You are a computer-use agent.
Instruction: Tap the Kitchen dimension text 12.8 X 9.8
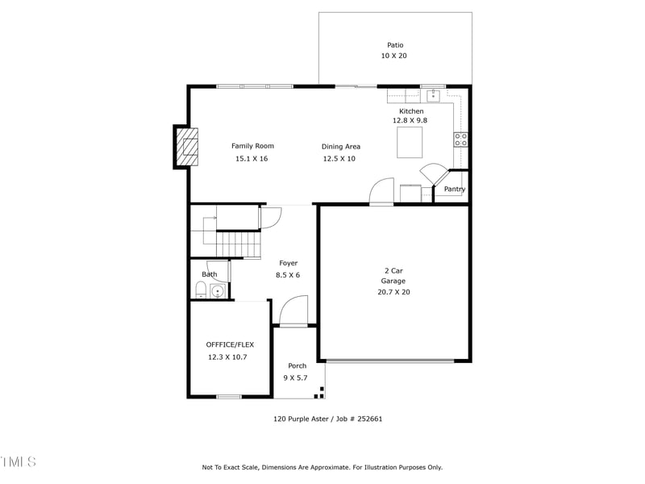point(410,120)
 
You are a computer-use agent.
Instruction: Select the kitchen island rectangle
point(409,142)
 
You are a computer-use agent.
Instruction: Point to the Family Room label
point(252,146)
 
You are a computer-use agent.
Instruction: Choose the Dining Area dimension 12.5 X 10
point(339,159)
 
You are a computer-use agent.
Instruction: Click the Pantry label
point(454,190)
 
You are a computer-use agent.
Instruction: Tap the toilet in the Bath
point(201,290)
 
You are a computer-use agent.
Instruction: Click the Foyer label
point(288,263)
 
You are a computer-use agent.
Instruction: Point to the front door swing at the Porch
point(294,311)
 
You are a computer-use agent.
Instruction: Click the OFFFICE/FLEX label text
point(230,344)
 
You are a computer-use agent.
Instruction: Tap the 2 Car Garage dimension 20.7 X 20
point(393,292)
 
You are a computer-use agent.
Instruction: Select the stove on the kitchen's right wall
point(460,139)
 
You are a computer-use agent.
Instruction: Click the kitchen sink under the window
point(433,95)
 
